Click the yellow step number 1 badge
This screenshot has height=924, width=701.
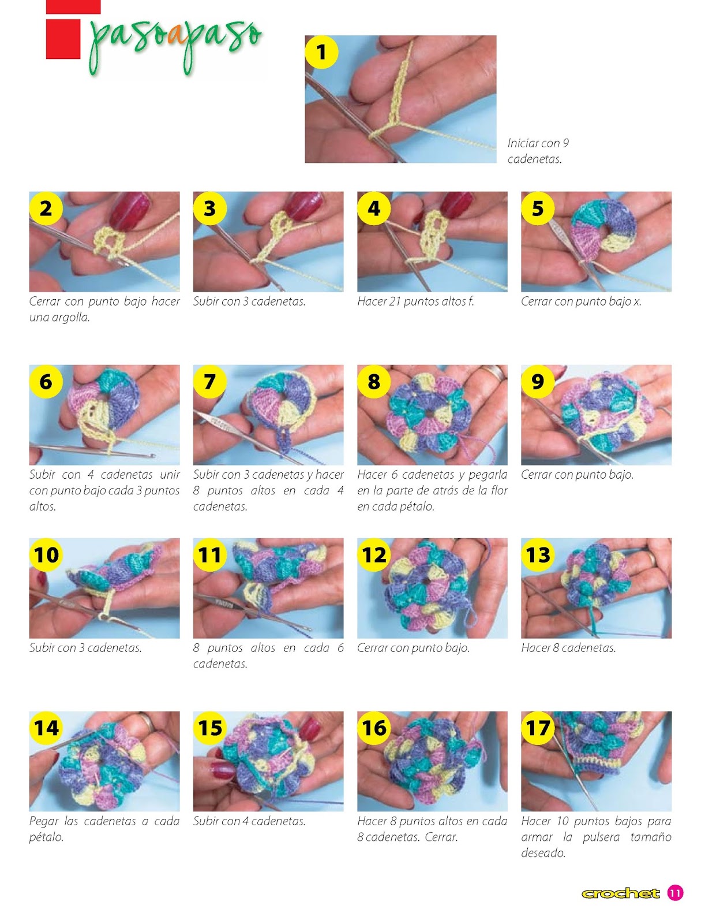(321, 52)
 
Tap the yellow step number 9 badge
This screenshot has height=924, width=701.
(537, 381)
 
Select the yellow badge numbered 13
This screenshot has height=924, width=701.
(537, 554)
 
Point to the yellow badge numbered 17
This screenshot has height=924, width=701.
(537, 728)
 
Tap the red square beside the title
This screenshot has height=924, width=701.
(63, 39)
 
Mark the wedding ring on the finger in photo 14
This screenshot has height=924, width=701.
(147, 721)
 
